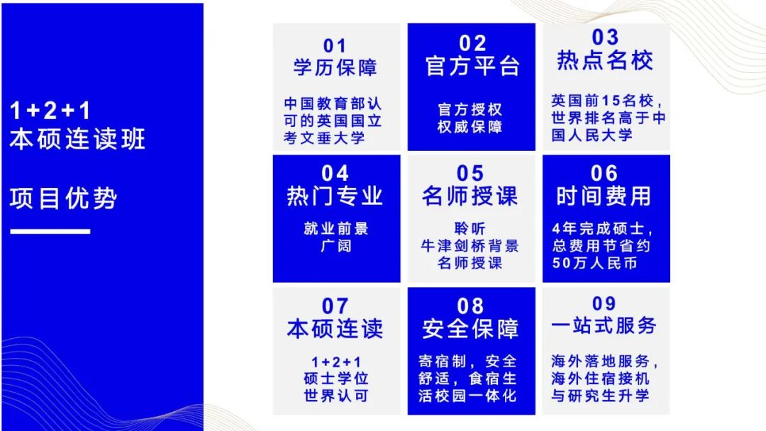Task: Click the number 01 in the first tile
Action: (x=335, y=46)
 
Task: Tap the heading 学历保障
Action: (x=335, y=67)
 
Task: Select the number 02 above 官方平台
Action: (x=472, y=43)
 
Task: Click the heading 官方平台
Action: (x=472, y=65)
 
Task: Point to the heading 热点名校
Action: (x=605, y=60)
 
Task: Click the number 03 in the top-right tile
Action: (x=605, y=37)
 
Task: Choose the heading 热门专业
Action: (x=335, y=196)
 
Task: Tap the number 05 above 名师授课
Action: (x=470, y=173)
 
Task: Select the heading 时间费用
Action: (x=604, y=196)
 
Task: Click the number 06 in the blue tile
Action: (x=604, y=173)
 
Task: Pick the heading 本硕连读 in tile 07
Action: (x=335, y=328)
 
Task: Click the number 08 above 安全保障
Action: (x=470, y=306)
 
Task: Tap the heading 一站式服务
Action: (x=604, y=325)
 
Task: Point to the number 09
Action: (x=604, y=303)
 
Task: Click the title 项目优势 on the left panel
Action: (x=64, y=198)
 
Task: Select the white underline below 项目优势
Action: (x=50, y=231)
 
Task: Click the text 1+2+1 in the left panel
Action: (x=50, y=111)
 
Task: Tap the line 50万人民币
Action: (x=595, y=263)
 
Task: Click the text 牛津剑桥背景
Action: (x=470, y=246)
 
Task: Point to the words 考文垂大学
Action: (x=324, y=138)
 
